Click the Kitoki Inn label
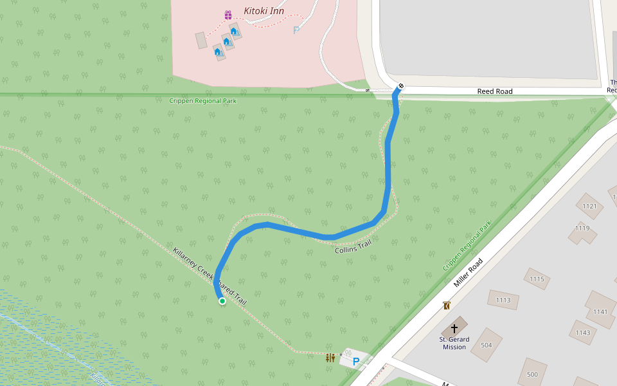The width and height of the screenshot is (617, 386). pyautogui.click(x=264, y=11)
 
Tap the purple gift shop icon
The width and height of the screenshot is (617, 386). pyautogui.click(x=228, y=15)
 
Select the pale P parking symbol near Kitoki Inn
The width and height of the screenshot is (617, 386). pyautogui.click(x=296, y=30)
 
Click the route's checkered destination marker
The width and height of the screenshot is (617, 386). pyautogui.click(x=401, y=86)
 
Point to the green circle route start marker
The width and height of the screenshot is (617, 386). pyautogui.click(x=222, y=300)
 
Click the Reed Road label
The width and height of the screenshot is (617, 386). pyautogui.click(x=494, y=91)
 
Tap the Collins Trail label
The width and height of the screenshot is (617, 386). pyautogui.click(x=353, y=246)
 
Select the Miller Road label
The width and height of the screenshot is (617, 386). pyautogui.click(x=468, y=273)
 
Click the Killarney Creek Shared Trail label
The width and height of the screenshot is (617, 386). pyautogui.click(x=210, y=276)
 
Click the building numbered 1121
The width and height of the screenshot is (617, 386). pyautogui.click(x=589, y=207)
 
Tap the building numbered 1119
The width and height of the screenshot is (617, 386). pyautogui.click(x=582, y=228)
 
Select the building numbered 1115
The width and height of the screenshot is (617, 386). pyautogui.click(x=537, y=279)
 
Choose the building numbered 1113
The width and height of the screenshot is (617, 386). pyautogui.click(x=503, y=300)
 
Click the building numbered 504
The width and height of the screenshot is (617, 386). pyautogui.click(x=487, y=345)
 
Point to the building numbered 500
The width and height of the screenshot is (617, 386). pyautogui.click(x=532, y=374)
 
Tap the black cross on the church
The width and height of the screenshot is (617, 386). pyautogui.click(x=454, y=327)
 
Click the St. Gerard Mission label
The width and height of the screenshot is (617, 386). pyautogui.click(x=454, y=343)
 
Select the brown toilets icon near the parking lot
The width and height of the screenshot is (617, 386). pyautogui.click(x=330, y=358)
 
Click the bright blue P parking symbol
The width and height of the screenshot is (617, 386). pyautogui.click(x=355, y=362)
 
